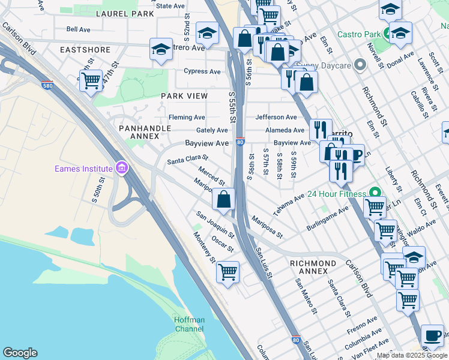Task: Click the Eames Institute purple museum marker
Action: (122, 167)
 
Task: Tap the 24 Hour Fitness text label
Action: (336, 194)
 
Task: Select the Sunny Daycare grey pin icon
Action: (360, 64)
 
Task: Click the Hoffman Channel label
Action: (189, 324)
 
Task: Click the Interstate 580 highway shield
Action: (47, 85)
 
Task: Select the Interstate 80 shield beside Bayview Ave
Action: (240, 142)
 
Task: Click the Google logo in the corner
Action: (20, 353)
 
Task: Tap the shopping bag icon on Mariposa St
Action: (224, 199)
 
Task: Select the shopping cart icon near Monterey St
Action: (228, 272)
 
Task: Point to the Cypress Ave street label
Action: (202, 71)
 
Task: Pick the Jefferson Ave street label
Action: (276, 118)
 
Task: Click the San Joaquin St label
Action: (215, 223)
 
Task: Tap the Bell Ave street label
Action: (79, 29)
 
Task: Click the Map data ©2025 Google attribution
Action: (411, 355)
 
